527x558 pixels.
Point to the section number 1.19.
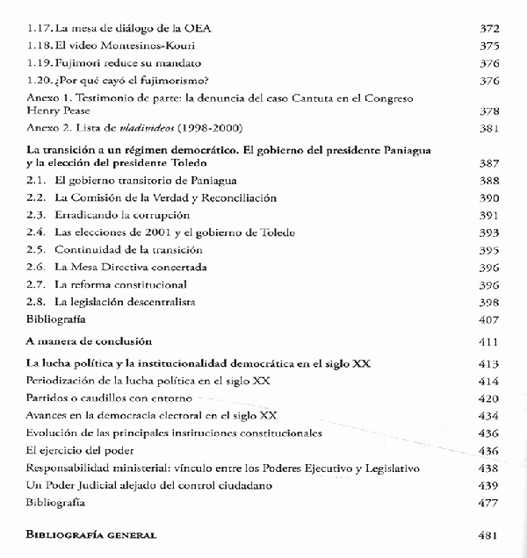tap(38, 63)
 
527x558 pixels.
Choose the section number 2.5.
tap(36, 250)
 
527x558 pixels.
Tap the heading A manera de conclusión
tap(90, 340)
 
